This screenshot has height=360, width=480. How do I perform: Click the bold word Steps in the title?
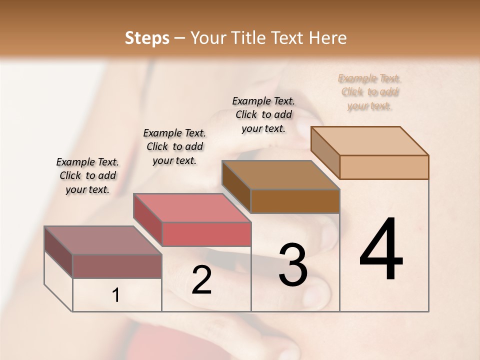point(147,38)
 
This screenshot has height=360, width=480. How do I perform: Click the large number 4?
point(381,250)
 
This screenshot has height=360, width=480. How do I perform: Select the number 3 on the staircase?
point(292,265)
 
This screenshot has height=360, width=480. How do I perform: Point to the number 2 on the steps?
point(201,280)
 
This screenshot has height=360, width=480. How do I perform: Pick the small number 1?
point(116,295)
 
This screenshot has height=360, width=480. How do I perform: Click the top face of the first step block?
point(102,240)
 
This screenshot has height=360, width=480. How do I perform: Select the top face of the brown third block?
point(280,175)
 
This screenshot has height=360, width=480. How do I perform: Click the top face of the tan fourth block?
point(369,141)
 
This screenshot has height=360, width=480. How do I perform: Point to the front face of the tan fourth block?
point(384,167)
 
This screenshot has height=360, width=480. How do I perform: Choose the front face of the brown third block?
point(295,201)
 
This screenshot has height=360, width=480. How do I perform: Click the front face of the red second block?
point(206,234)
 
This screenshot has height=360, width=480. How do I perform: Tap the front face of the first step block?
point(117,266)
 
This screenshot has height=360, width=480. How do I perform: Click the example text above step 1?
point(87,175)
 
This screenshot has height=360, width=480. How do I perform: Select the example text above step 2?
point(174,146)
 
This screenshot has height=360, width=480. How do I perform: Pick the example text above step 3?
point(263,114)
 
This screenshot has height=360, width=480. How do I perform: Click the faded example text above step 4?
point(369,92)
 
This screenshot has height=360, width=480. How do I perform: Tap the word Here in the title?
point(328,38)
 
